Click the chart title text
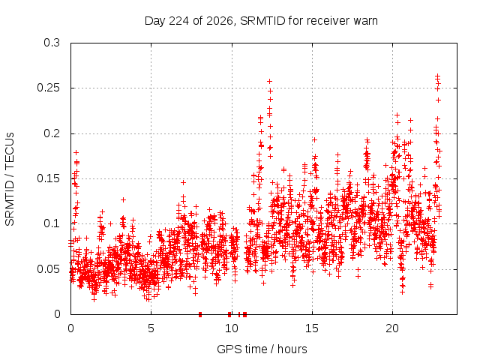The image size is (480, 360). (261, 21)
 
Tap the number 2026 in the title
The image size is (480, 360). (220, 21)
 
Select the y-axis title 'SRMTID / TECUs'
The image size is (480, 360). (10, 179)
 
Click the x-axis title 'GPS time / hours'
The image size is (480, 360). (262, 349)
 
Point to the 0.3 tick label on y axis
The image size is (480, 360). (52, 43)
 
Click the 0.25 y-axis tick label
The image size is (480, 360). (48, 88)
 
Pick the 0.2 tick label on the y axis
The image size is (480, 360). (52, 133)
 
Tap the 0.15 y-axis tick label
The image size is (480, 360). (48, 178)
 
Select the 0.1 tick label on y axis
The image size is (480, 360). (52, 223)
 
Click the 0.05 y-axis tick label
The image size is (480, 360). (48, 269)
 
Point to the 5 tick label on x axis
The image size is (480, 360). (151, 328)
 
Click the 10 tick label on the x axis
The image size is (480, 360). (232, 328)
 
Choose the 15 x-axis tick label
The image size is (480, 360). (312, 328)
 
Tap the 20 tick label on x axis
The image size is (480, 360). (392, 328)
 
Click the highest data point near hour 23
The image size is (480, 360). (438, 75)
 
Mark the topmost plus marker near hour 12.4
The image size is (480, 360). (270, 82)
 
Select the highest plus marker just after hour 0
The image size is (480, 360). (76, 152)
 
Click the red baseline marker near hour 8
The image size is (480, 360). (200, 314)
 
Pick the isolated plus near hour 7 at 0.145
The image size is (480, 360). (183, 182)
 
